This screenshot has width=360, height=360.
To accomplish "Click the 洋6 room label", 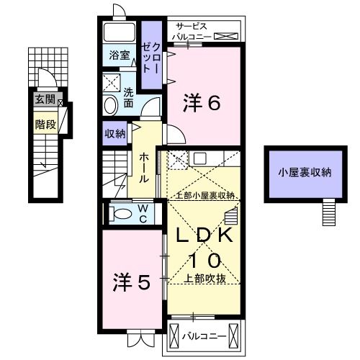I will tap(204, 103).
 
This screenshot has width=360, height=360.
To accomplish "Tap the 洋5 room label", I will tap(133, 283).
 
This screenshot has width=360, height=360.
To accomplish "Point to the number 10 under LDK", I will tap(204, 260).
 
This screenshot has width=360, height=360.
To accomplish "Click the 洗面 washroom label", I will tap(128, 98).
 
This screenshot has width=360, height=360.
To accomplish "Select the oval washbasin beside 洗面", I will tap(110, 105).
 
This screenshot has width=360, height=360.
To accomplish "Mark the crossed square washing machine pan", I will tap(112, 81).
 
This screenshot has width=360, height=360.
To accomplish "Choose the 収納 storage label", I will tap(115, 133).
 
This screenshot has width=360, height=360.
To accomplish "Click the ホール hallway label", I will tap(145, 167).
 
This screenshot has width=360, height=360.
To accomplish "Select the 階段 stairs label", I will tap(45, 125).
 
